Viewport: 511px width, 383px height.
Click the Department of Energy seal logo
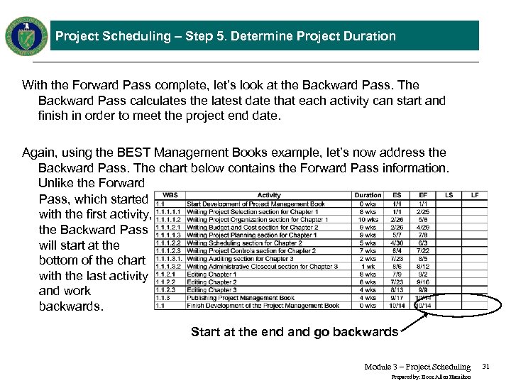[26, 35]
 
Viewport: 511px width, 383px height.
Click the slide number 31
[486, 367]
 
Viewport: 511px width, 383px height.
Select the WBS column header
[170, 195]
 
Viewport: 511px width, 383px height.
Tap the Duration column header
[368, 195]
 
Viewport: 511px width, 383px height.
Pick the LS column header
[449, 195]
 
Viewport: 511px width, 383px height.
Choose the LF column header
[475, 195]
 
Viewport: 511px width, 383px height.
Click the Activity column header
[269, 195]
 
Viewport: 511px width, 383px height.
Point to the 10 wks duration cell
[368, 220]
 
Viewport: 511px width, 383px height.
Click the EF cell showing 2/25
[423, 212]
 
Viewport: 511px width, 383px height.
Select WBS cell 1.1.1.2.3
[170, 251]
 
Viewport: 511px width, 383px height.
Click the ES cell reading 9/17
[397, 298]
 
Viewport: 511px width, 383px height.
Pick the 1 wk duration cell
[368, 267]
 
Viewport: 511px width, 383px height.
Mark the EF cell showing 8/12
[423, 267]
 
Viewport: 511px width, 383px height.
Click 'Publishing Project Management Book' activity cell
[241, 298]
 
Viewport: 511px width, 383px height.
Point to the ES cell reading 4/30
[397, 243]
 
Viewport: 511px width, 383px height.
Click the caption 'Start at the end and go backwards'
[295, 332]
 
